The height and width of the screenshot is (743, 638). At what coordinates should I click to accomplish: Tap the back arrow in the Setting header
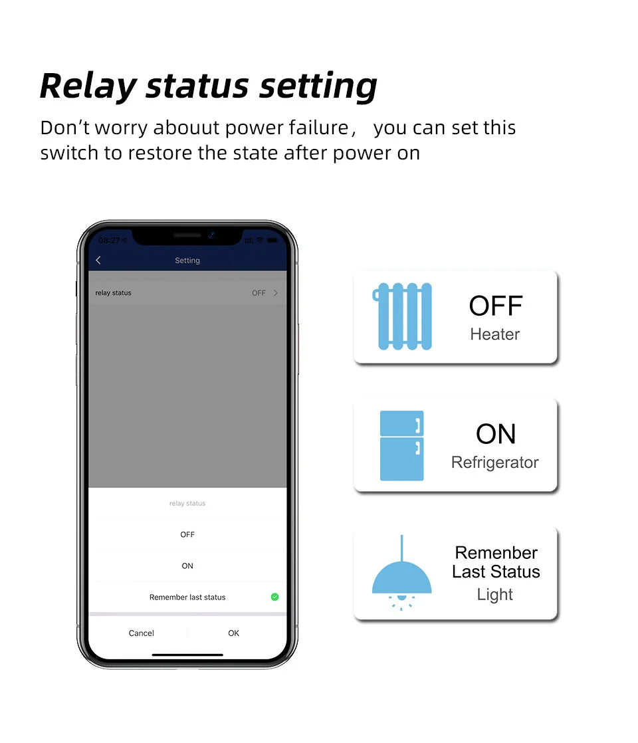(98, 261)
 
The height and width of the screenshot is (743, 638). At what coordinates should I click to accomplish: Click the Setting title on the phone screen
(187, 261)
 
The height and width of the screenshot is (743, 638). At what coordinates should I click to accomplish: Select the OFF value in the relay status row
(259, 293)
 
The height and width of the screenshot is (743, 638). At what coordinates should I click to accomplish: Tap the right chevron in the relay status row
(276, 293)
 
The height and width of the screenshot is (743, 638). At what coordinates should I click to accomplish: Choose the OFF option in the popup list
(187, 534)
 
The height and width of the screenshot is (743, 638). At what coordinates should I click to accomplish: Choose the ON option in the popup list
(187, 566)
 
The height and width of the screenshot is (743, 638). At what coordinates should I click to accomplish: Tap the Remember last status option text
(187, 597)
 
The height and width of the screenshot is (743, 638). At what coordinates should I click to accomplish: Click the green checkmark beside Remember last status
(274, 597)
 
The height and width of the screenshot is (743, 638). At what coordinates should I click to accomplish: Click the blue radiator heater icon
(403, 316)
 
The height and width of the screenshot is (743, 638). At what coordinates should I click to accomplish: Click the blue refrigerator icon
(401, 445)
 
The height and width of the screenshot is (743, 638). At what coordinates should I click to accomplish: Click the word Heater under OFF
(495, 334)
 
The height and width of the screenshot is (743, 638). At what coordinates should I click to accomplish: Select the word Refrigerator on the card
(495, 463)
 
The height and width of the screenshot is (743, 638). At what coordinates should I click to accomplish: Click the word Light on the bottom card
(495, 594)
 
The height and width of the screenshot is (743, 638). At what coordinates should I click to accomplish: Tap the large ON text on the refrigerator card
(496, 434)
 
